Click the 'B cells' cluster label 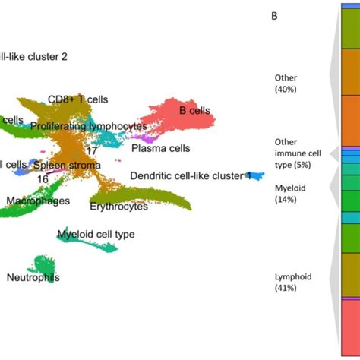coord(194,111)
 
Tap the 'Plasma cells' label coord(160,149)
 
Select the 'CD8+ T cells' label coord(77,99)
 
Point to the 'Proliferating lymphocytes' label coord(89,126)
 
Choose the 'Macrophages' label coord(39,201)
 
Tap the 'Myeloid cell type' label coord(96,235)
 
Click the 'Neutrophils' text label coord(33,278)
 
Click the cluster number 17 coord(91,150)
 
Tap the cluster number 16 coord(43,178)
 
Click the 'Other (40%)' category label coord(286,84)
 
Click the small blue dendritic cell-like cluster coord(257,175)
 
